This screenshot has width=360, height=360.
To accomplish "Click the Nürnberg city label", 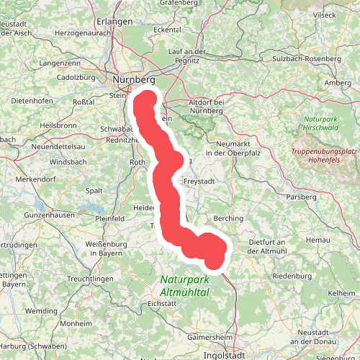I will (134, 79).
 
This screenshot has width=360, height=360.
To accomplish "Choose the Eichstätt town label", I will (161, 304).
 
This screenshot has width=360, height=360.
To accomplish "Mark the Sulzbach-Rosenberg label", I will (306, 58).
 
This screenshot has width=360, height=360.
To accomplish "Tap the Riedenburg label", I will (291, 275).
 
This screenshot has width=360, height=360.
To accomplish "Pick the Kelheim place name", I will (341, 293).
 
